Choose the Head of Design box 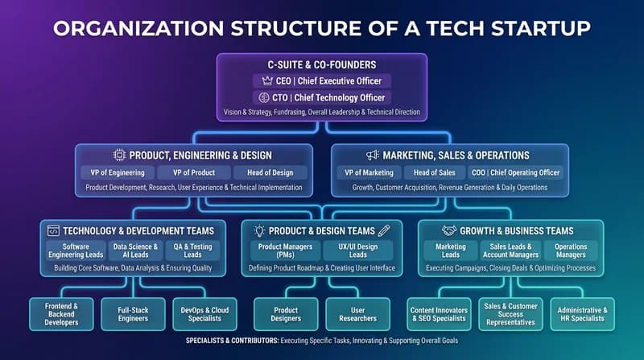270,172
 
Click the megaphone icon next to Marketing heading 373,155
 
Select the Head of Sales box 436,172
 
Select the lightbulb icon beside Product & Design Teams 260,230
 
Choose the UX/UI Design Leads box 357,251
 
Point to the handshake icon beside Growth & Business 448,230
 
